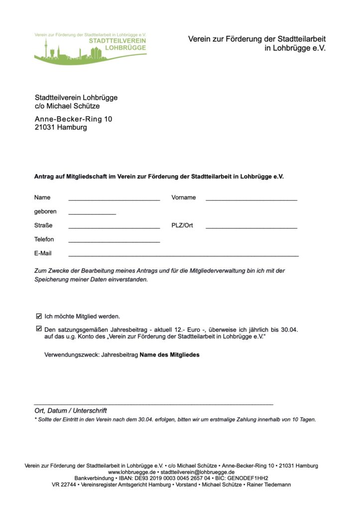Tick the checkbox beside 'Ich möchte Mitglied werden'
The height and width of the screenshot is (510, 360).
(39, 316)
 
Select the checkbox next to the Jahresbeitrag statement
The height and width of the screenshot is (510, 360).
(39, 329)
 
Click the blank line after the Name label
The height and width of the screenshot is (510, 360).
(114, 199)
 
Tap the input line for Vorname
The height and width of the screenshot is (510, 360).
(251, 199)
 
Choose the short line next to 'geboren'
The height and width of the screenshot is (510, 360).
(92, 213)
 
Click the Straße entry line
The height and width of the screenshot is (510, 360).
(114, 227)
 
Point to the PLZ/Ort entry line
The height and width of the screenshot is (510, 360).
(251, 227)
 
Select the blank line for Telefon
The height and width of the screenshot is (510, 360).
(114, 241)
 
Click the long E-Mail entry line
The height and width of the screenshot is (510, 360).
(183, 255)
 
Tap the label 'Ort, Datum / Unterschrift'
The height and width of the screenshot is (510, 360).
(71, 411)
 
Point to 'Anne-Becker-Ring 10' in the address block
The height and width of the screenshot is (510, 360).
(73, 120)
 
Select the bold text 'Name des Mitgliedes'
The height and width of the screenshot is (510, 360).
(169, 355)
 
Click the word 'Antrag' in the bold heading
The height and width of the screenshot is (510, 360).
(44, 177)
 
